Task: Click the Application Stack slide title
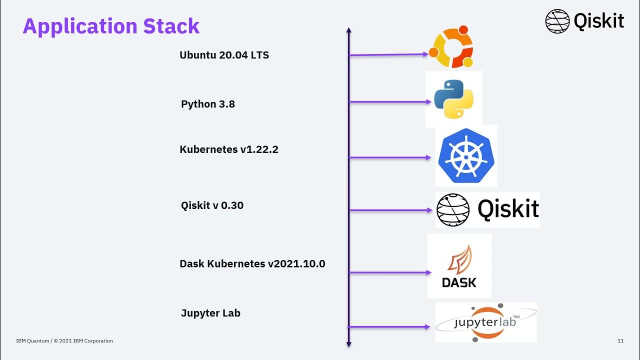click(111, 26)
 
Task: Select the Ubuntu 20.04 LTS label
click(224, 55)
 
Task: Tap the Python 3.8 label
click(207, 104)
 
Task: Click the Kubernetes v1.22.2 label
click(228, 149)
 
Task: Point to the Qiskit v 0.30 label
click(212, 205)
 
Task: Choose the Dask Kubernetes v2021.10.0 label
click(252, 263)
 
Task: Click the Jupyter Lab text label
click(210, 313)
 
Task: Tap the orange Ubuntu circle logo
click(451, 46)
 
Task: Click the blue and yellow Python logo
click(453, 99)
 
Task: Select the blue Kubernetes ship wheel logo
click(466, 156)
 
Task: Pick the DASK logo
click(459, 266)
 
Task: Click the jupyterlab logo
click(485, 322)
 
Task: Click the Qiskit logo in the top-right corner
click(584, 21)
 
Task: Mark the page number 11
click(620, 341)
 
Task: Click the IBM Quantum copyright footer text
click(64, 341)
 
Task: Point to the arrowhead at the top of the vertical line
click(349, 30)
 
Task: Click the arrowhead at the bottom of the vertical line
click(349, 344)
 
